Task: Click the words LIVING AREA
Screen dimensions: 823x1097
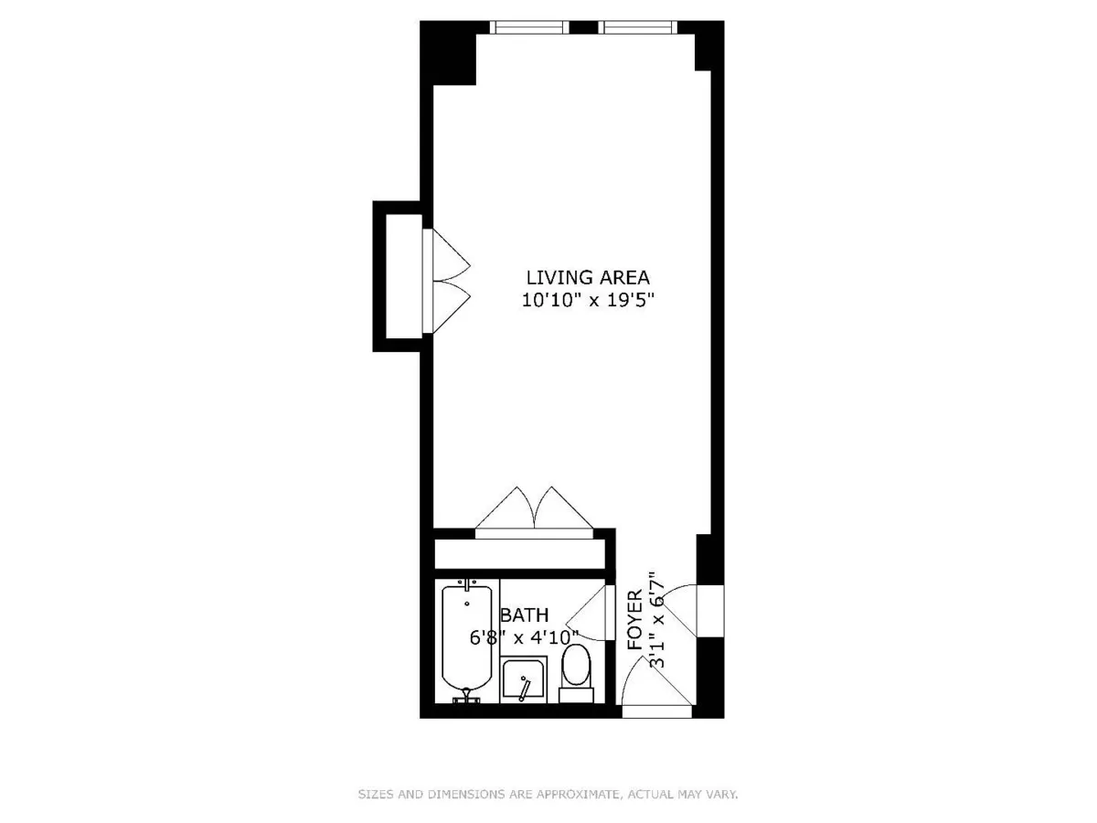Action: pyautogui.click(x=587, y=276)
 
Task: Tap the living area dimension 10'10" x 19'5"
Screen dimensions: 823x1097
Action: pyautogui.click(x=587, y=299)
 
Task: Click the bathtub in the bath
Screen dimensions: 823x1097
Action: pyautogui.click(x=466, y=639)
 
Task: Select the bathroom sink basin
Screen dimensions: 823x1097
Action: pyautogui.click(x=524, y=681)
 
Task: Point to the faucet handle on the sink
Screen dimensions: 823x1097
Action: pyautogui.click(x=525, y=688)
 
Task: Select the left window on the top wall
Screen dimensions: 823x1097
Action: pyautogui.click(x=530, y=27)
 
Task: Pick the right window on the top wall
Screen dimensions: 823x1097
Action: pyautogui.click(x=640, y=27)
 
